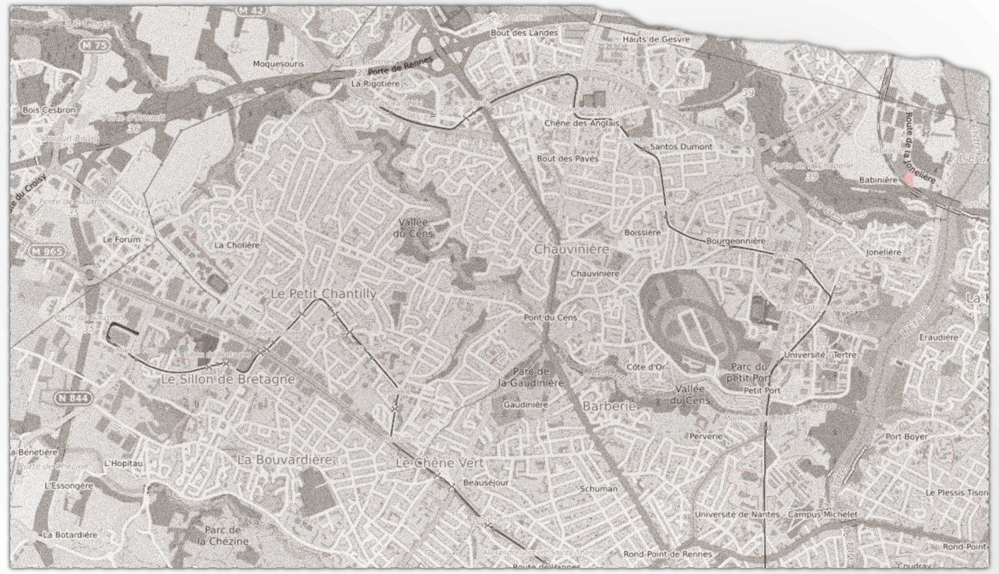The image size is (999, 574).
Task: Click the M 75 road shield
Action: [x=94, y=45]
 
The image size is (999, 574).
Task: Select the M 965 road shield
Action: [x=46, y=251]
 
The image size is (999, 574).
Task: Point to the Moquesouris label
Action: [x=278, y=64]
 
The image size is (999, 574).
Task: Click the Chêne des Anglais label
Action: [x=582, y=123]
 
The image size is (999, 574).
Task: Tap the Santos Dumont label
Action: [x=681, y=146]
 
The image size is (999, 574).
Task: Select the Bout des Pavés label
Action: [x=567, y=159]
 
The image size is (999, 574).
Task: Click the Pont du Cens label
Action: [x=550, y=317]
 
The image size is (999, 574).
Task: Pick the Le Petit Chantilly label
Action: [x=324, y=294]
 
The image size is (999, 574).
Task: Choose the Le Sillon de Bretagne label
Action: [x=228, y=379]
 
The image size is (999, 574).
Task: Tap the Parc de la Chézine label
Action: [x=223, y=535]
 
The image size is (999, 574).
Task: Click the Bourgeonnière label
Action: [x=735, y=241]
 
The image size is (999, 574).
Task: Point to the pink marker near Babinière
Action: [x=909, y=179]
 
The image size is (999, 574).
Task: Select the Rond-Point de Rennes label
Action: [x=667, y=554]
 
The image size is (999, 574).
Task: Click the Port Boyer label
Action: [x=906, y=436]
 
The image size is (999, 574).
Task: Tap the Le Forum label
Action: [x=122, y=240]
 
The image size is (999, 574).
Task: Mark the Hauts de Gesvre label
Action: [x=656, y=40]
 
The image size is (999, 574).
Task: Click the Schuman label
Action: [x=599, y=489]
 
